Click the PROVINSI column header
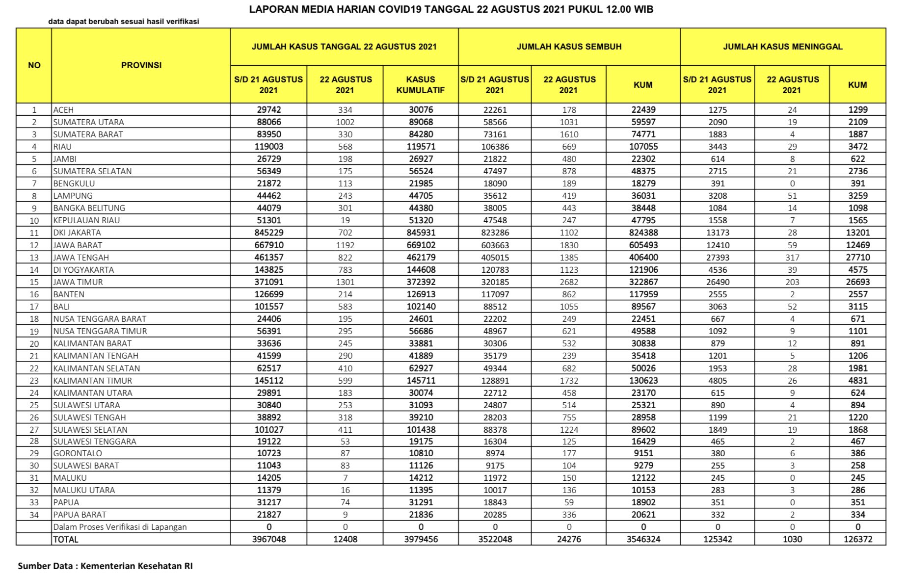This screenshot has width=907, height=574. pos(141,65)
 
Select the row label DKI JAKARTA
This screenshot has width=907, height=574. pos(77,233)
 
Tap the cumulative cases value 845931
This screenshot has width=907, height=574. pos(421,233)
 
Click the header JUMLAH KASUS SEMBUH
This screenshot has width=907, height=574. pos(569,47)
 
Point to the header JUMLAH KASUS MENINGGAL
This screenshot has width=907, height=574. pos(782,47)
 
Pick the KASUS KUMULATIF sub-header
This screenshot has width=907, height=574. pos(421,84)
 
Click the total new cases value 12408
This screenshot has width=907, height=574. pos(345,539)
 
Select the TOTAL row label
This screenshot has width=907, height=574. pos(66,539)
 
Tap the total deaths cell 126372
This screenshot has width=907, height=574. pos(857,539)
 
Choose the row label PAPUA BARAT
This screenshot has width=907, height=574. pos(80,515)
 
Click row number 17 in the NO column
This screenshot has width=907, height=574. pos(34,307)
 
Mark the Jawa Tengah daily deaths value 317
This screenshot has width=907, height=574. pos(792,258)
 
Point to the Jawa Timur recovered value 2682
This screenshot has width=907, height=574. pos(569,282)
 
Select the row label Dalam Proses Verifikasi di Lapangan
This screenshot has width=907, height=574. pos(120,527)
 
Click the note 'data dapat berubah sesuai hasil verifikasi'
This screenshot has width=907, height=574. pos(123,22)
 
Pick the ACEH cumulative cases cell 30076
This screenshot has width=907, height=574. pos(421,110)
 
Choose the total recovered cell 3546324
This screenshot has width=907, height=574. pos(643,539)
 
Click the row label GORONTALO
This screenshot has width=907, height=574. pos(78,453)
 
